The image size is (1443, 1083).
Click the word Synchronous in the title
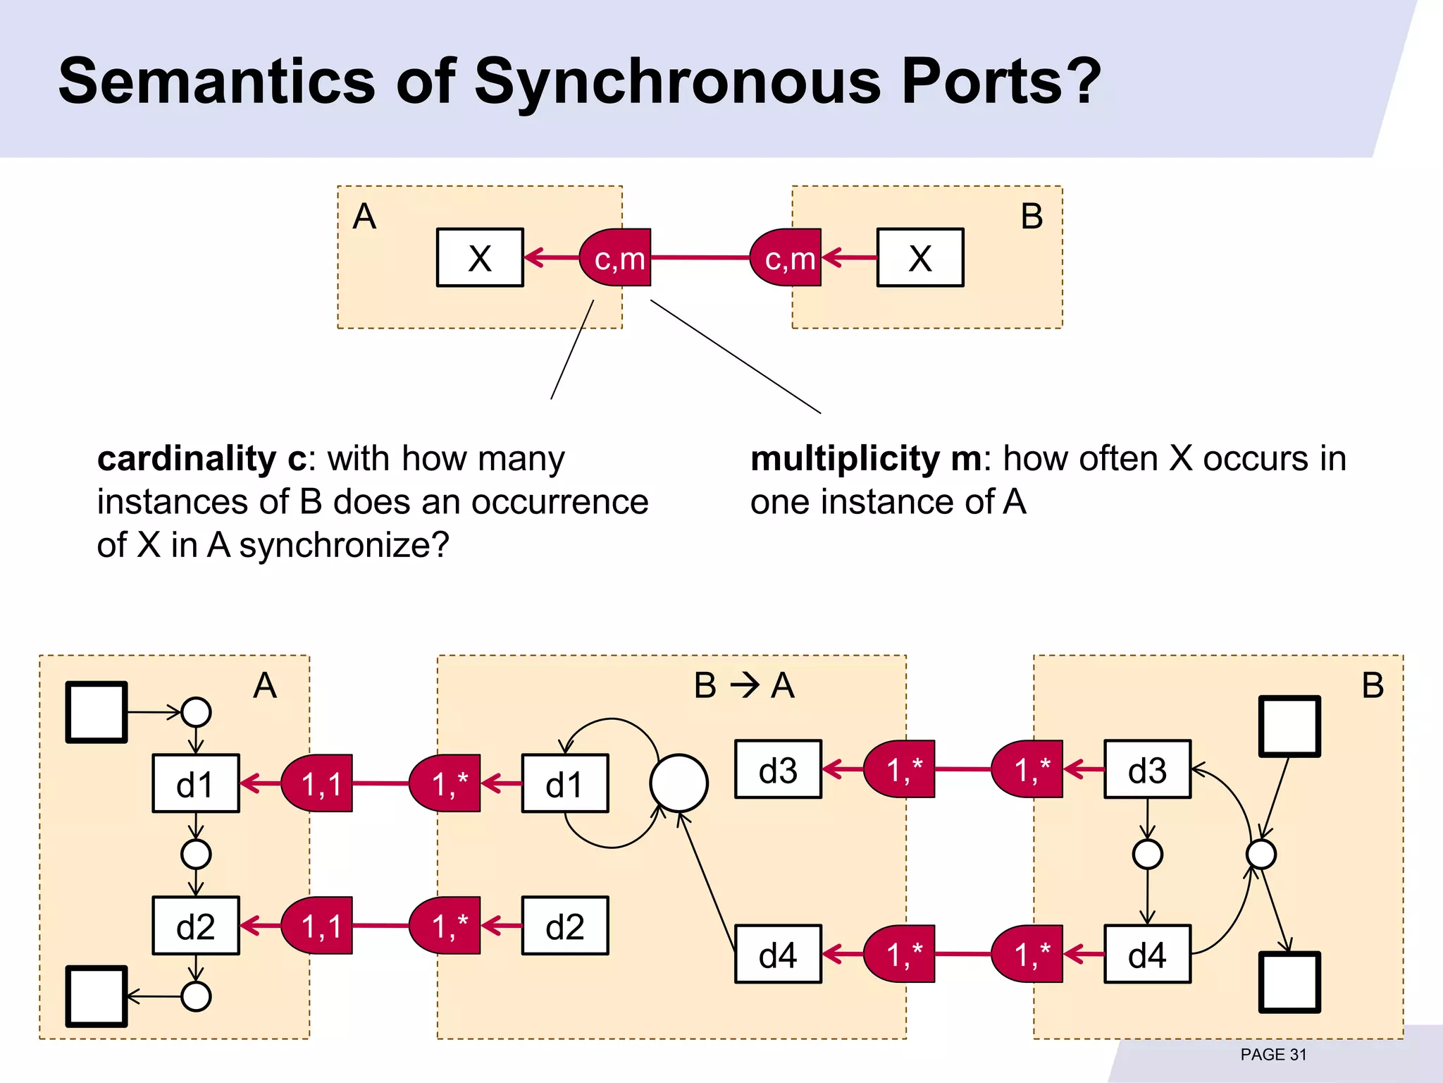(x=677, y=82)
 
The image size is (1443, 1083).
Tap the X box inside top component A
(x=480, y=258)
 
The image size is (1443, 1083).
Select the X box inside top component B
(x=919, y=258)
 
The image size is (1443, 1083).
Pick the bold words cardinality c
(x=202, y=459)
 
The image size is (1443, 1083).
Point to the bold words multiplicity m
(x=866, y=459)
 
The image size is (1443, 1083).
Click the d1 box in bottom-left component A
(x=195, y=783)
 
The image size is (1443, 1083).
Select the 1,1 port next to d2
(x=318, y=926)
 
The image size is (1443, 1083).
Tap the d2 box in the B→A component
(x=564, y=926)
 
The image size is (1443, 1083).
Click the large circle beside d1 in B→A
(x=679, y=783)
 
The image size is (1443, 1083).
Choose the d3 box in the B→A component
(x=778, y=769)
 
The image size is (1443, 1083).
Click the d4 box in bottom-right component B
(x=1147, y=955)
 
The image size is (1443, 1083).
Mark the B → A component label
(x=744, y=685)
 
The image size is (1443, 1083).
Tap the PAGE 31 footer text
(x=1273, y=1055)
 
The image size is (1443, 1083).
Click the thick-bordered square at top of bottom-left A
(x=97, y=712)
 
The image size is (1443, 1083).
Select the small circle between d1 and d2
(x=196, y=855)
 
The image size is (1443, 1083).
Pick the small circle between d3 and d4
(x=1147, y=855)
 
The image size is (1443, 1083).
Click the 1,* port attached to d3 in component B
(x=1029, y=769)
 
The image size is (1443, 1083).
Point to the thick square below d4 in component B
(x=1289, y=983)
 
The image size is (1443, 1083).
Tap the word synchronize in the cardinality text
(x=344, y=546)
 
